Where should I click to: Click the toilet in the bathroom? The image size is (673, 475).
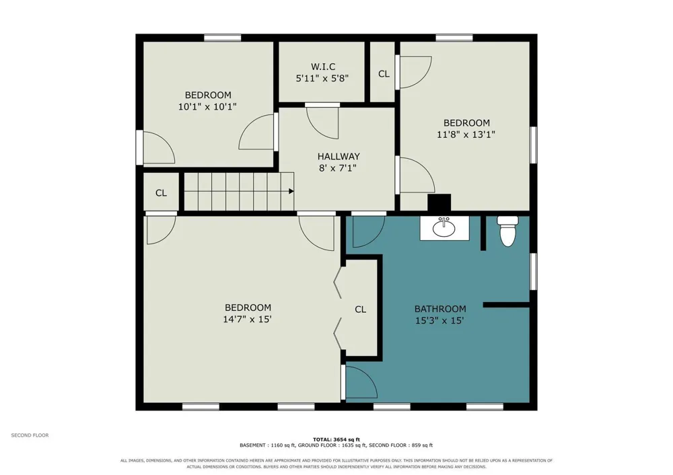click(507, 231)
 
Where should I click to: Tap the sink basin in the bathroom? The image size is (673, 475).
click(444, 228)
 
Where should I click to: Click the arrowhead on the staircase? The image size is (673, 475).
click(291, 191)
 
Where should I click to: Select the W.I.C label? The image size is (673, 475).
click(323, 67)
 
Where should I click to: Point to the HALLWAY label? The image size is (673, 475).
click(339, 156)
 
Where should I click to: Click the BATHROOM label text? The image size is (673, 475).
click(440, 309)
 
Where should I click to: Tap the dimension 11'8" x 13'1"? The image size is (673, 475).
click(466, 135)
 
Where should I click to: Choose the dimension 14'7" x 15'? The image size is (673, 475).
click(247, 319)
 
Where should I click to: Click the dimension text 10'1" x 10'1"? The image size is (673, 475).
click(208, 106)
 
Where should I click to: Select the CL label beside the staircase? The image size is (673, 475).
click(161, 193)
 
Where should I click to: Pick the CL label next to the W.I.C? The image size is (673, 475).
click(384, 74)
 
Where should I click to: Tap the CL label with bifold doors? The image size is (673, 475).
click(361, 309)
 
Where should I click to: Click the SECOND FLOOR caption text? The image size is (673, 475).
click(30, 435)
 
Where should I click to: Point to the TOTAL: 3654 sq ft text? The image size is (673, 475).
click(336, 439)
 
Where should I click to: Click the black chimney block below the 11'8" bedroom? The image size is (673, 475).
click(439, 203)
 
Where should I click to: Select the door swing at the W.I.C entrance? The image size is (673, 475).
click(323, 122)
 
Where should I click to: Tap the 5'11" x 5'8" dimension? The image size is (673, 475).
click(322, 78)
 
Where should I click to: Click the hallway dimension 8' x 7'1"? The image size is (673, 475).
click(338, 168)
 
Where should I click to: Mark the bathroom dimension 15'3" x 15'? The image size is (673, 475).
click(439, 320)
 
